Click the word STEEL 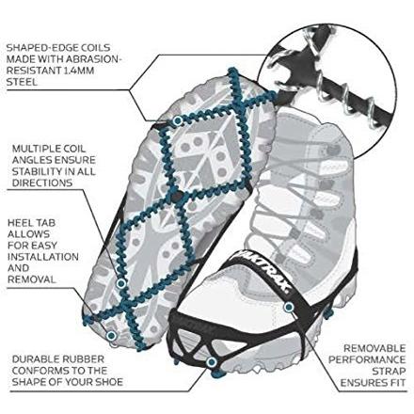coord(22,82)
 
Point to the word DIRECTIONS coord(42,183)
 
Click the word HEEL coord(20,223)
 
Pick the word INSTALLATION coord(43,257)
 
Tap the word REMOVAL coord(32,279)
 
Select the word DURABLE coord(35,359)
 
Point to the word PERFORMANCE coord(367,359)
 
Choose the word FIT coord(398,383)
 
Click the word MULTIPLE coord(36,149)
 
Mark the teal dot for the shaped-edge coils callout coord(178,120)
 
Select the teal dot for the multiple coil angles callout coord(121,284)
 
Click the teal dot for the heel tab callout coord(111,336)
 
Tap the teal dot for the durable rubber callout coord(212,362)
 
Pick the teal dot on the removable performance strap coord(289,307)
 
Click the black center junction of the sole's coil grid coord(177,198)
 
